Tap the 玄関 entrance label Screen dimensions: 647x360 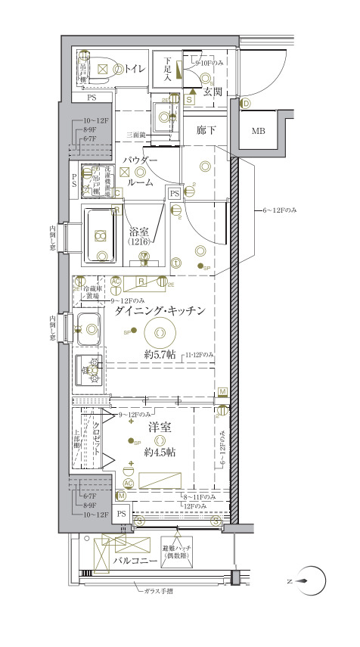[213, 92]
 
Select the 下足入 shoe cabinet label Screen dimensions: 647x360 [168, 72]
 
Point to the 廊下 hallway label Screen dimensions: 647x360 [206, 131]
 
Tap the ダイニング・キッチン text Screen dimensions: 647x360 [156, 310]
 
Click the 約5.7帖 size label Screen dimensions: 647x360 [161, 354]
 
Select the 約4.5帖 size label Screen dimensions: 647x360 [160, 452]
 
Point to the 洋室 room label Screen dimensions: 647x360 [160, 428]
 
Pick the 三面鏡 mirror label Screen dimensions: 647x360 [136, 135]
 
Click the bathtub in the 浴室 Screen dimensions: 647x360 [101, 235]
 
